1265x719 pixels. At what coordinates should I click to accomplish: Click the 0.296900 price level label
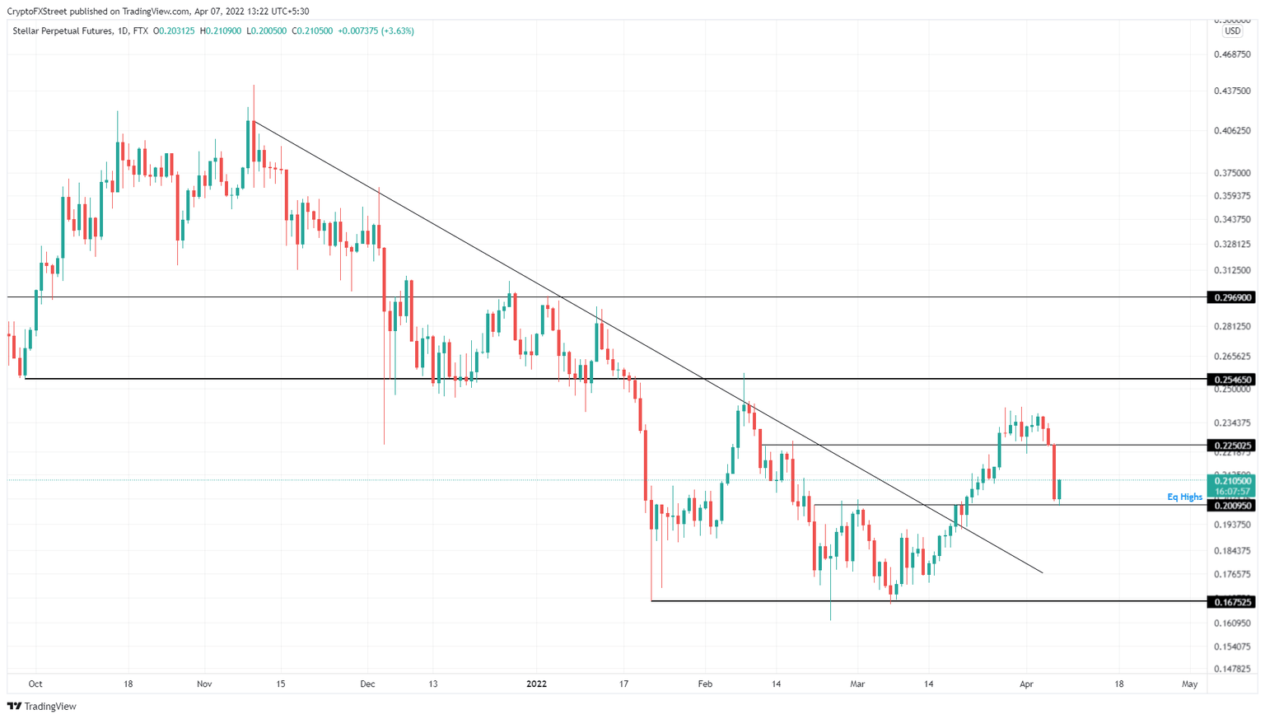point(1231,297)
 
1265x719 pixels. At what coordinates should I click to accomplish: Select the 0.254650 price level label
point(1231,380)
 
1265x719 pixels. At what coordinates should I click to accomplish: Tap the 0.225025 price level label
point(1231,446)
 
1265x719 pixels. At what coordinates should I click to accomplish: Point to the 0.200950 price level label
point(1231,506)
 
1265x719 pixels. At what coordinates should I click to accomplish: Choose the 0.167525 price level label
point(1231,602)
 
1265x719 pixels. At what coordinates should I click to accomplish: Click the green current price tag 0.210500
point(1231,481)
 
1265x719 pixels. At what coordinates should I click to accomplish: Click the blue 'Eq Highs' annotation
point(1184,497)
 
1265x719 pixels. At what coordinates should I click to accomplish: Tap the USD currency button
point(1232,31)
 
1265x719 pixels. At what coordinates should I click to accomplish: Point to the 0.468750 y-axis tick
point(1232,54)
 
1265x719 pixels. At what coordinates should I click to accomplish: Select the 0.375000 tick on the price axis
point(1232,173)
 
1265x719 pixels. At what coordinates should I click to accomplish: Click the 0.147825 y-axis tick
point(1232,669)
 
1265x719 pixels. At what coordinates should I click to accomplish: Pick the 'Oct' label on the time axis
point(35,684)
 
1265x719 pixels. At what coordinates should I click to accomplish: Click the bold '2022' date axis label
point(536,684)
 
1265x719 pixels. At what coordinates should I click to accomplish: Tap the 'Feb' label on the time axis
point(704,684)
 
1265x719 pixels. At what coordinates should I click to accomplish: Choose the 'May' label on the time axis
point(1189,684)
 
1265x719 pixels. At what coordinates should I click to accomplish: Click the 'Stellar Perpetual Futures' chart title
point(62,31)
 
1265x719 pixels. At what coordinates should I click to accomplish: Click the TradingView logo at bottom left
point(42,706)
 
